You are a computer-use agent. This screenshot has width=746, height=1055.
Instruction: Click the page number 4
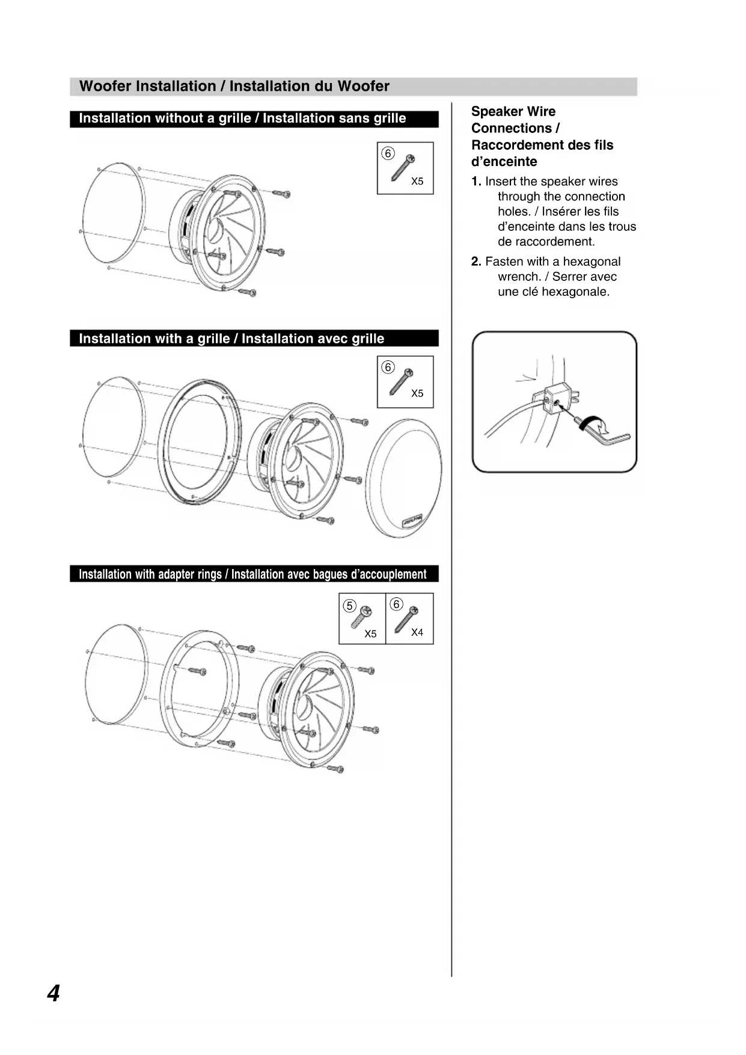click(x=54, y=993)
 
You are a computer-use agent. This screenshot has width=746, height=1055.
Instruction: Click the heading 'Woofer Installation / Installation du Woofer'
click(x=234, y=86)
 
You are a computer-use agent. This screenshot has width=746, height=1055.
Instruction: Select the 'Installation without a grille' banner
click(x=242, y=118)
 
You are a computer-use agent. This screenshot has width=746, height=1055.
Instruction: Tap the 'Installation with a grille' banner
click(x=231, y=339)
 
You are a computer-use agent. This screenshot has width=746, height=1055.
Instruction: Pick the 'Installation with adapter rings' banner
click(x=252, y=574)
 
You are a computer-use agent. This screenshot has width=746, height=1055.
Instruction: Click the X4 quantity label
click(x=417, y=632)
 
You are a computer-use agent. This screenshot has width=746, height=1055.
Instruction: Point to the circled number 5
click(x=349, y=606)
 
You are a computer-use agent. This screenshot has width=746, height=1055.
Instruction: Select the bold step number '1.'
click(x=476, y=182)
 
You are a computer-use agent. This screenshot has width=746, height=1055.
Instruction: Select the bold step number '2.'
click(x=476, y=262)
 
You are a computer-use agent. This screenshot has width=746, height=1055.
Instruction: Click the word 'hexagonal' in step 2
click(x=592, y=262)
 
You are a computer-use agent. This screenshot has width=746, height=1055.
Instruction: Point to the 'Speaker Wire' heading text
click(x=513, y=112)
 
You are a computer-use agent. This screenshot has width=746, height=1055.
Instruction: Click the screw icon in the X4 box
click(x=406, y=620)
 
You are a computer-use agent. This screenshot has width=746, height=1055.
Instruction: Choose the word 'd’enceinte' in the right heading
click(x=504, y=162)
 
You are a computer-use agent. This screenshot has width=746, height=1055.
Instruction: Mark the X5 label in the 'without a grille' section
click(x=417, y=181)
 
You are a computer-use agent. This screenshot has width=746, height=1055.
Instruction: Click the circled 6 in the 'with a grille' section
click(x=388, y=368)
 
